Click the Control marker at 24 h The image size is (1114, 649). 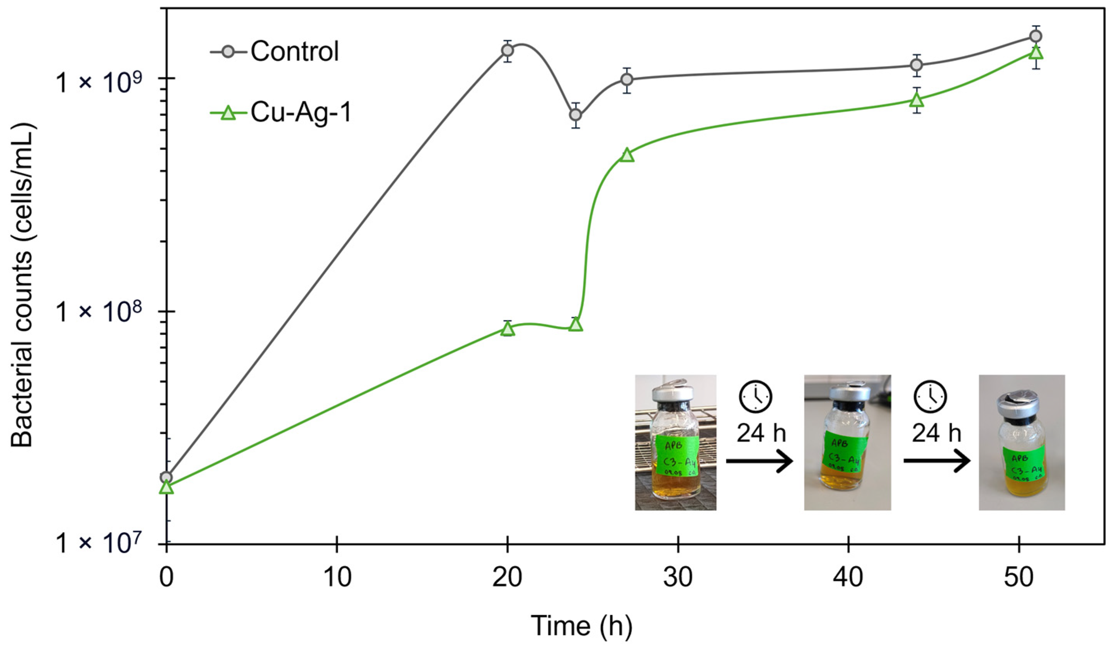575,115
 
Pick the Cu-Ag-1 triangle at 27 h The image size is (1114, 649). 627,155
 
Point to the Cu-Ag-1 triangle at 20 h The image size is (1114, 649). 508,329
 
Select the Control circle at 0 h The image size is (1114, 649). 166,477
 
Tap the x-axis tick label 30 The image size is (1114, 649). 678,577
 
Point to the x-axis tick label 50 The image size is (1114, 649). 1019,577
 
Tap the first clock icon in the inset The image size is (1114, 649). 755,397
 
